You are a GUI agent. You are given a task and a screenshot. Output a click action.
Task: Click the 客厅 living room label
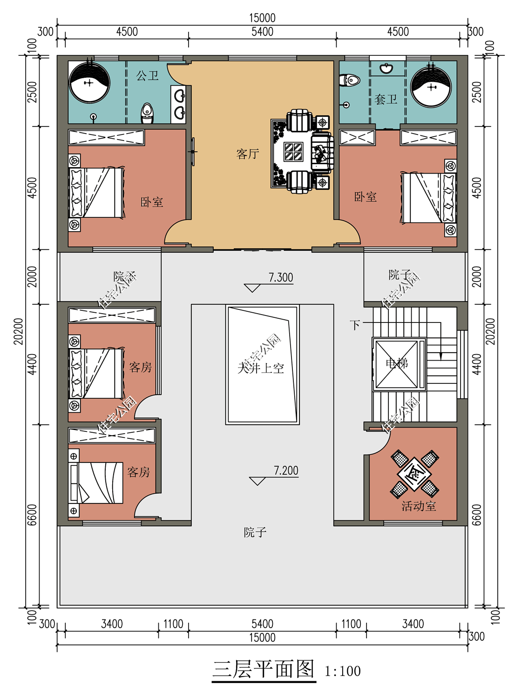pos(248,154)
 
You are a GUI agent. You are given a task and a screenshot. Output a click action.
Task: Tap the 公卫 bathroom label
pos(147,75)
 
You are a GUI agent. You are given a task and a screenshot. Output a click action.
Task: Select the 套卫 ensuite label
pos(386,99)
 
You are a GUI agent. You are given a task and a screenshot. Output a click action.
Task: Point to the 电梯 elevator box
pos(399,364)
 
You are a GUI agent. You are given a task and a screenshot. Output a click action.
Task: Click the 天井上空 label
pos(261,369)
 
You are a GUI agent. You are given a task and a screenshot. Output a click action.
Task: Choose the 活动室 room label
pos(419,506)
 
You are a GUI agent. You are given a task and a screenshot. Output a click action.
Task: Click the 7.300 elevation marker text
pos(281,277)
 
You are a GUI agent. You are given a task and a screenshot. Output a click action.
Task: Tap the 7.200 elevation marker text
pos(286,470)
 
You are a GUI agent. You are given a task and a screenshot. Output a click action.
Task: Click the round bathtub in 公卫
pos(89,82)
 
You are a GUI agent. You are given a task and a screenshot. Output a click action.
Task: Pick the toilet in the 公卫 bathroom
pos(147,114)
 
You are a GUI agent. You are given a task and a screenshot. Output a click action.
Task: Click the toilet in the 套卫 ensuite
pos(349,80)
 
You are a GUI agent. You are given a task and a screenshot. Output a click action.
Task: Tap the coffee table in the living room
pos(293,152)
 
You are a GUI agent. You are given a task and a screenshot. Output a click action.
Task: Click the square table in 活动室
pos(414,474)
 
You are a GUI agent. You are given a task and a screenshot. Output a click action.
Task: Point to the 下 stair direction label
pos(355,325)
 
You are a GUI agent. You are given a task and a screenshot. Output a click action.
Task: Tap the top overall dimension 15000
pos(262,18)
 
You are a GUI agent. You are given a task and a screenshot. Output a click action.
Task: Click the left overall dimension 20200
pos(19,331)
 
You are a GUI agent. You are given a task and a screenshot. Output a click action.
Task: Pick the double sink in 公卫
pos(179,104)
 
